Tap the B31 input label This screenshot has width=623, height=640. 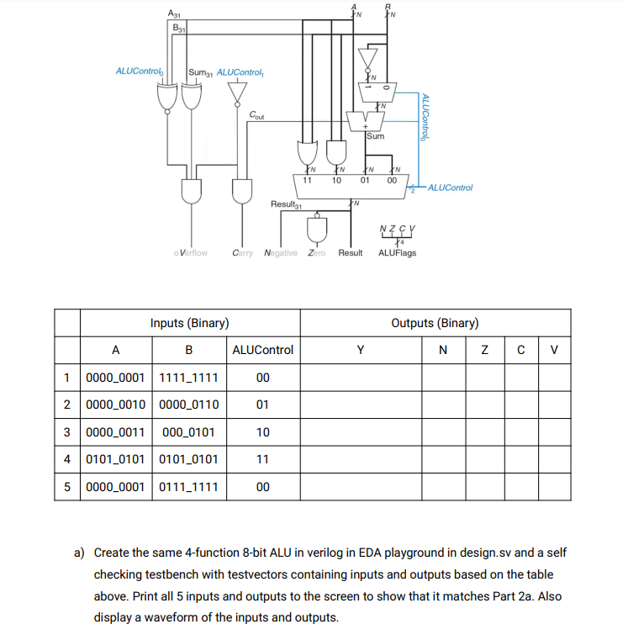point(179,27)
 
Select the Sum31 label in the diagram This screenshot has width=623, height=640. point(201,71)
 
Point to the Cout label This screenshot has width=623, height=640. point(257,116)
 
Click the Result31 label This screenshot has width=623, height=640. point(286,205)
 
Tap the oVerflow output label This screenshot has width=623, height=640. point(190,252)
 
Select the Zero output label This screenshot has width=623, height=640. point(316,252)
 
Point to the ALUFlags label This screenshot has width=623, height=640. point(397,252)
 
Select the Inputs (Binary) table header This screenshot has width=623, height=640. point(190,323)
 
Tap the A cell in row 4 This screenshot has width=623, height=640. point(116,459)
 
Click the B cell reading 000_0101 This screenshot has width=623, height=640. point(188,432)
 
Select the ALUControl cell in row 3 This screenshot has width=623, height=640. point(262,432)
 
